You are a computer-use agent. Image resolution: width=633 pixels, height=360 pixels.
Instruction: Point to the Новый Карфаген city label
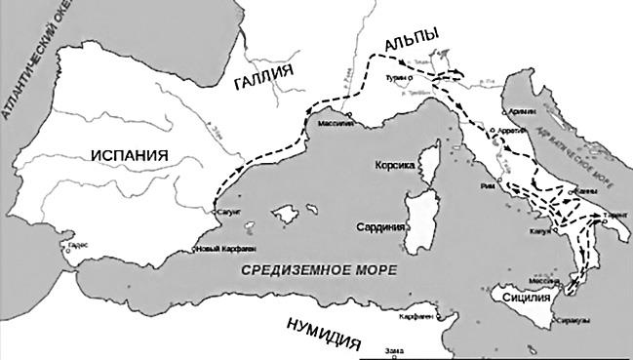point(223,251)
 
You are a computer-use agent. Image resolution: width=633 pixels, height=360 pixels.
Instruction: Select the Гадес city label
point(79,246)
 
